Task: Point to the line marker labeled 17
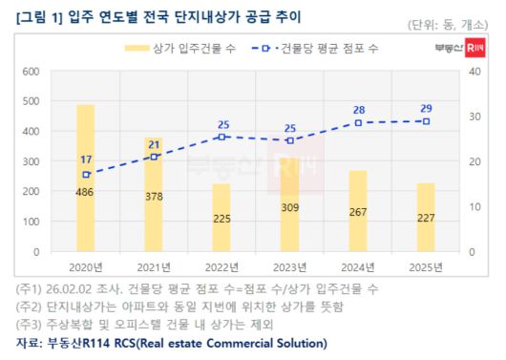click(x=86, y=175)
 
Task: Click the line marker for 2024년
click(x=358, y=123)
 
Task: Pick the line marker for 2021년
click(x=154, y=157)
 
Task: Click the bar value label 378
click(x=153, y=197)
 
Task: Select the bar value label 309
click(x=289, y=207)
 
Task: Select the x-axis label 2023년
click(x=289, y=267)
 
